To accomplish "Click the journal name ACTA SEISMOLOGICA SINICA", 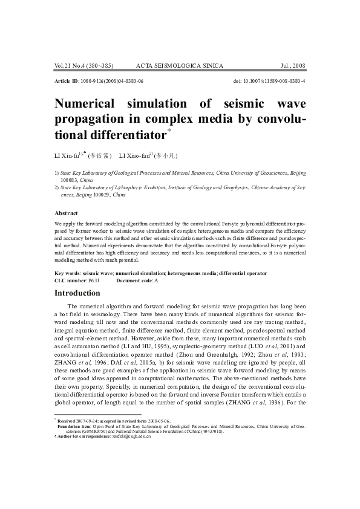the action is click(180, 65).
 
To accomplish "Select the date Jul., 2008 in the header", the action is click(293, 65).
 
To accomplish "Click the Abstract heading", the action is click(66, 213).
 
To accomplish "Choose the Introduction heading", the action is click(77, 293).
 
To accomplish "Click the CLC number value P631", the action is click(94, 280).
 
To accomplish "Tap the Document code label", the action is click(134, 280).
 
